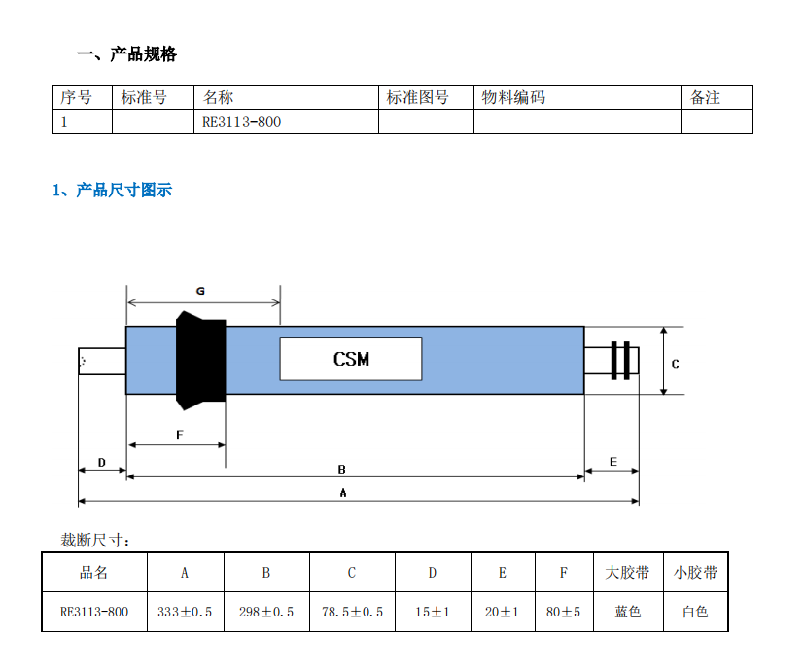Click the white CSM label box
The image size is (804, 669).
[351, 359]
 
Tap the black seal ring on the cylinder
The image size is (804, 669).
[201, 360]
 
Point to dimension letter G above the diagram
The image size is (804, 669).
[200, 291]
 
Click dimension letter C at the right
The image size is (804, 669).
[676, 364]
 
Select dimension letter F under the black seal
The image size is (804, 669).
[180, 435]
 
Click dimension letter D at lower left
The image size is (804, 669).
[101, 463]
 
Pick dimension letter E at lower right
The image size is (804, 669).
[613, 462]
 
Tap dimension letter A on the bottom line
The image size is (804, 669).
[343, 493]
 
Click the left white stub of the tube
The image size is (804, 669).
[102, 361]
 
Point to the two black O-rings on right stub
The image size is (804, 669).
[620, 361]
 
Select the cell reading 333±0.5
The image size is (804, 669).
[185, 612]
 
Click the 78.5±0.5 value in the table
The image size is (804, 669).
[352, 612]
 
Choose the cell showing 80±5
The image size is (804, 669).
[564, 612]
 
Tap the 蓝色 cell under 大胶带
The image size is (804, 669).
[628, 612]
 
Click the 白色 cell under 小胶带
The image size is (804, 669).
[695, 612]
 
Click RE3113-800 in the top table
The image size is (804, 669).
[241, 123]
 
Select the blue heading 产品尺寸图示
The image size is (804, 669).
[123, 191]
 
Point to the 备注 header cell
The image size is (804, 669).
[717, 97]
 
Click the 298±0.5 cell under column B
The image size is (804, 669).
[266, 612]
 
